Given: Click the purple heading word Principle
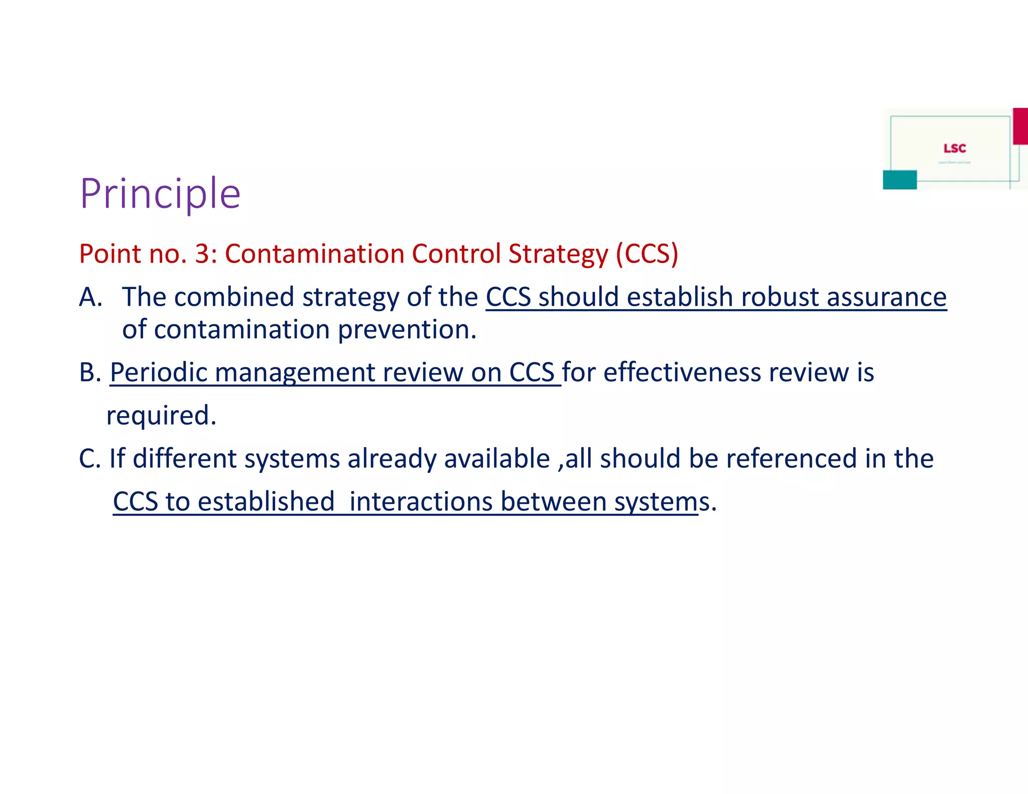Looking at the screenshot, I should (x=160, y=194).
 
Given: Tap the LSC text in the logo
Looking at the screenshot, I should (x=954, y=149).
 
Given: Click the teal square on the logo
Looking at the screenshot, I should (x=899, y=180).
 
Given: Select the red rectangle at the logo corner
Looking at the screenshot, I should (x=1020, y=126).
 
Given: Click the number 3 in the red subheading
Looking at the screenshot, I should (x=202, y=253).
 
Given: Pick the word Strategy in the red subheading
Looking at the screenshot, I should (x=558, y=253).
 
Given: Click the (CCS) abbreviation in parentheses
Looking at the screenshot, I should (x=647, y=253).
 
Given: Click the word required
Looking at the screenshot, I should (x=161, y=416).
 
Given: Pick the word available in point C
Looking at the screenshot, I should (x=497, y=459).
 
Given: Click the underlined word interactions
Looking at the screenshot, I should (x=421, y=502).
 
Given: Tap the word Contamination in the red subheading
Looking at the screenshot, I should (x=314, y=253).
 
